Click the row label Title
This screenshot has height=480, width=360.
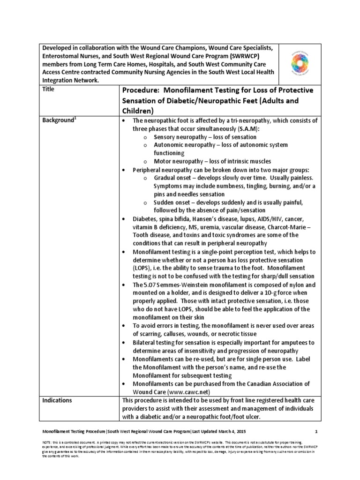(48, 88)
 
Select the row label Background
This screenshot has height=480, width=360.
(58, 120)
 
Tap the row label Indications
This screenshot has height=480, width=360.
(57, 400)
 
